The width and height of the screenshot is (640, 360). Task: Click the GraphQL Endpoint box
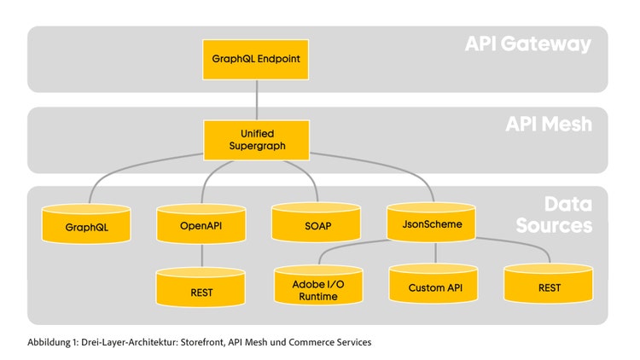point(255,59)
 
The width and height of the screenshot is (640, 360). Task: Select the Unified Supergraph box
point(256,140)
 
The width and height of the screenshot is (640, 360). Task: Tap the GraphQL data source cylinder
point(86,224)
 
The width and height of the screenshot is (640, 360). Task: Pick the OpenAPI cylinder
point(201,224)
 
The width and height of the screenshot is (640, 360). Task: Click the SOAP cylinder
point(317,222)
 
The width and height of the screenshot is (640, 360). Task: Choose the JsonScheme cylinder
point(432,222)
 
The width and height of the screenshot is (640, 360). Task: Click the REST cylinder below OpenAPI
point(201,287)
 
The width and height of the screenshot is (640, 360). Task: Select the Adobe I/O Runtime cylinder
point(318,285)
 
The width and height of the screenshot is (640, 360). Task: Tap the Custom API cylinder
point(433,284)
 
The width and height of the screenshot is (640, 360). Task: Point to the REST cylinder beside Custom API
point(549,284)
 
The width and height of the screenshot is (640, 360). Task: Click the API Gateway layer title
point(527,44)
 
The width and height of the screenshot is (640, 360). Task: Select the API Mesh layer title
point(549,124)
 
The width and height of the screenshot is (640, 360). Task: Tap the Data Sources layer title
point(554,215)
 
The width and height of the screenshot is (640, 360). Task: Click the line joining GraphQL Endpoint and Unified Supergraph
point(257,100)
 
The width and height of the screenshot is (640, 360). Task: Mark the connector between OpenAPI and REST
point(202,256)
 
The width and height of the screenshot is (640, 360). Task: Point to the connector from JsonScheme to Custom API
point(435,253)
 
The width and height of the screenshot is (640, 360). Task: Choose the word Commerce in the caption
point(307,342)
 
